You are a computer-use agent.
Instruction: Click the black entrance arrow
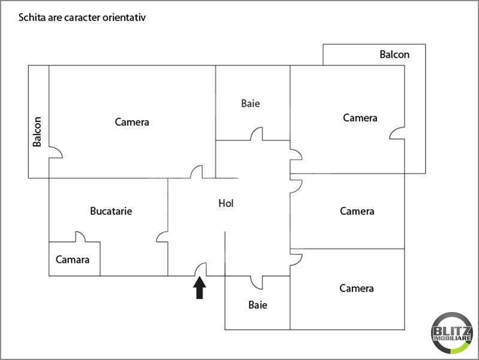(200, 289)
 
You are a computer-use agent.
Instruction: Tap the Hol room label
(225, 203)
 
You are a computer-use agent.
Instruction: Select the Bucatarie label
(111, 211)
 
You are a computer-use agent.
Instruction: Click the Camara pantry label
(73, 260)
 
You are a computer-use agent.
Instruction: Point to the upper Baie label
(251, 103)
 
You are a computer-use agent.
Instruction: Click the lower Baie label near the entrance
(258, 305)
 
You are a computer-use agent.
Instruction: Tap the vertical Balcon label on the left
(38, 131)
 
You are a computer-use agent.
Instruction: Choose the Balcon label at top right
(394, 55)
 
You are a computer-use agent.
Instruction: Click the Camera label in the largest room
(132, 122)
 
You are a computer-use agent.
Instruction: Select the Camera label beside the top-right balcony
(360, 118)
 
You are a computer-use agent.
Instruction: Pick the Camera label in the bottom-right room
(357, 288)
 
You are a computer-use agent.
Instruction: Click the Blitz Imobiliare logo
(451, 334)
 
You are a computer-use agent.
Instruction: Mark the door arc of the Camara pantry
(80, 237)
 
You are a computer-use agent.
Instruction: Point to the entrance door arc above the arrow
(201, 269)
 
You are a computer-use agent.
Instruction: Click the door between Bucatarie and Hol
(162, 237)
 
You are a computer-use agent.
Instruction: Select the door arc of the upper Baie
(257, 134)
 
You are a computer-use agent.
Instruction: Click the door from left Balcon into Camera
(55, 152)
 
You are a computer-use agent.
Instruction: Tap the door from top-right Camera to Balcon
(397, 133)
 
